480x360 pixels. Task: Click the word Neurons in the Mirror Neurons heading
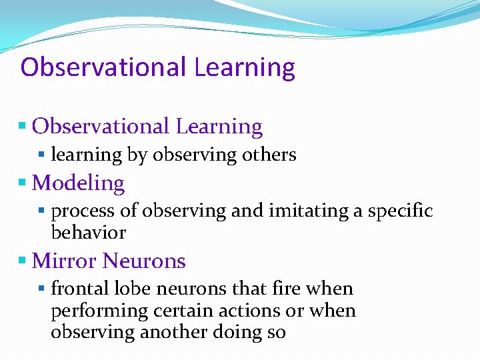coord(145,261)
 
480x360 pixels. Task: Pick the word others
coord(269,155)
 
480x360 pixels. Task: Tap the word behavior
coord(88,233)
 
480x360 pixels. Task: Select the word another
coord(170,333)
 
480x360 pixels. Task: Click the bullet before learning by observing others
coord(41,154)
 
